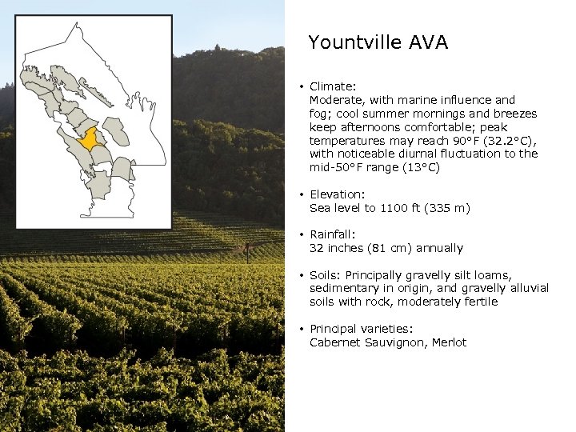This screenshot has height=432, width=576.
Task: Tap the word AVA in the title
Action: pyautogui.click(x=430, y=42)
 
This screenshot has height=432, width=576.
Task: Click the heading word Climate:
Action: pyautogui.click(x=333, y=86)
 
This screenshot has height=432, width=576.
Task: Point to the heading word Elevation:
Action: pyautogui.click(x=337, y=194)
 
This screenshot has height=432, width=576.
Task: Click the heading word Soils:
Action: pyautogui.click(x=326, y=274)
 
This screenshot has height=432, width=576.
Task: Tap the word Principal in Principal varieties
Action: pyautogui.click(x=334, y=329)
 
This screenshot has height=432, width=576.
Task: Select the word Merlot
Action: pyautogui.click(x=449, y=342)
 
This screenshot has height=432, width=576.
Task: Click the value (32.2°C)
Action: pyautogui.click(x=497, y=141)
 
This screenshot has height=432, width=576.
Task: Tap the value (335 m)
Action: pyautogui.click(x=446, y=208)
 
